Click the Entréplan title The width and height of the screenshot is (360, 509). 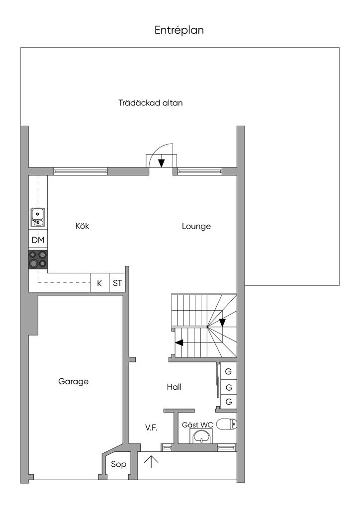click(179, 30)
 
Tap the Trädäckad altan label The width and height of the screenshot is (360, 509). click(150, 103)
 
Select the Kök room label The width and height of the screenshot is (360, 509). click(82, 226)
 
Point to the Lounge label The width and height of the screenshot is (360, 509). click(196, 226)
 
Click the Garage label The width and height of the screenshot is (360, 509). click(74, 381)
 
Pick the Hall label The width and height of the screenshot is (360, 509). click(174, 387)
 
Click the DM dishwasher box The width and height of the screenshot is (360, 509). click(38, 240)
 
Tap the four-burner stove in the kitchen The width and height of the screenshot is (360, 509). click(38, 259)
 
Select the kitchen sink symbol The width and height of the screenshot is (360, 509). click(38, 217)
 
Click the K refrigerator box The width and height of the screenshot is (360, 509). click(99, 283)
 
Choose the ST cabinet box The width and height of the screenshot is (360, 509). click(117, 283)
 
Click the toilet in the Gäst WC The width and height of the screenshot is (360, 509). click(226, 424)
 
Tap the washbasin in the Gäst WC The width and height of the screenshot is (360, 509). click(202, 436)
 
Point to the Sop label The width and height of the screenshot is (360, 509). click(118, 464)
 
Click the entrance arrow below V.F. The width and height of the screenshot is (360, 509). click(151, 462)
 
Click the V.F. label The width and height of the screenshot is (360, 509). click(151, 427)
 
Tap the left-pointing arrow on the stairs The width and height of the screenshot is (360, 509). click(179, 342)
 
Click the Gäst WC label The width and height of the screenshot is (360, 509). click(197, 425)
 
